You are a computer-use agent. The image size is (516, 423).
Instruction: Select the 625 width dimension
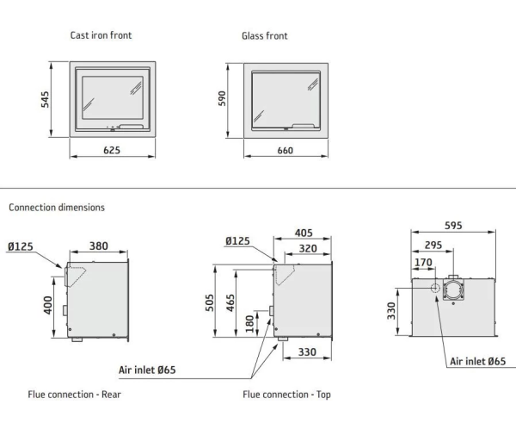click(x=112, y=150)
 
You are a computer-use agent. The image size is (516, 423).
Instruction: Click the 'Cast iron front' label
click(x=101, y=35)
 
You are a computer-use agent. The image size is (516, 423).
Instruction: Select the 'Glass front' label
click(x=265, y=36)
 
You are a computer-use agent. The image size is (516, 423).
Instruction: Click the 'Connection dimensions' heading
click(x=57, y=208)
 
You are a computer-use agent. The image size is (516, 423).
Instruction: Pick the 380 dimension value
click(x=99, y=246)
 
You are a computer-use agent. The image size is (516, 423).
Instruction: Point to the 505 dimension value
click(x=210, y=303)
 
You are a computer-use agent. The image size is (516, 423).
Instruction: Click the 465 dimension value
click(x=231, y=303)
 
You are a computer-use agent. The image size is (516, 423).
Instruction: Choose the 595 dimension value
click(x=453, y=226)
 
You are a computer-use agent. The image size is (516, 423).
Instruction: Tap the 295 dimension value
click(x=433, y=246)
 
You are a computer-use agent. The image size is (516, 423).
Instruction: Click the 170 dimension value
click(x=423, y=264)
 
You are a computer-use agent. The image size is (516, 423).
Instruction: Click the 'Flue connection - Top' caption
click(x=286, y=395)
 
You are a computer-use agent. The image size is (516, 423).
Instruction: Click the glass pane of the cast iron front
click(x=112, y=97)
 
